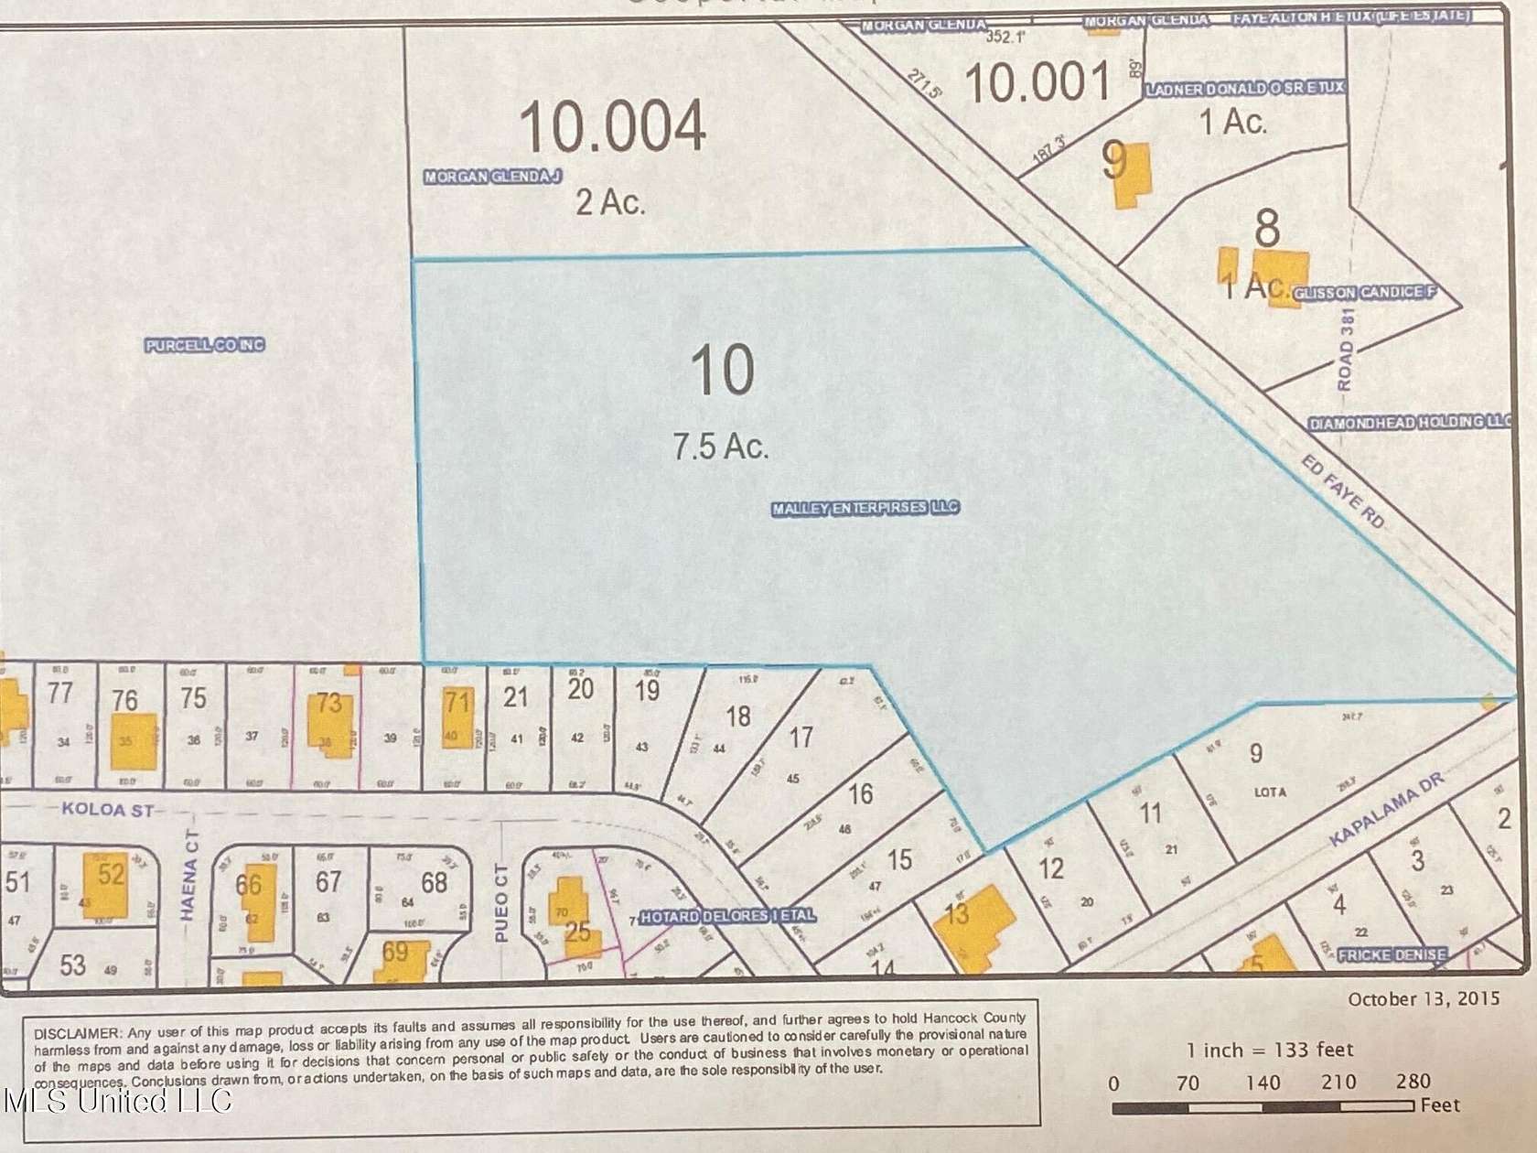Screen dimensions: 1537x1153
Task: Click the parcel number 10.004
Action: tap(613, 126)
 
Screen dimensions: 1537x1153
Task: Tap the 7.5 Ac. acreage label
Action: tap(721, 447)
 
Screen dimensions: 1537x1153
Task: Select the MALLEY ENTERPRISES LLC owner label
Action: tap(865, 508)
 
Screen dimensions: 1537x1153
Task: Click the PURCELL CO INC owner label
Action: tap(205, 345)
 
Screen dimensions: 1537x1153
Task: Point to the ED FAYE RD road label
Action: tap(1343, 493)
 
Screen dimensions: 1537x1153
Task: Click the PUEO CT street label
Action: tap(500, 891)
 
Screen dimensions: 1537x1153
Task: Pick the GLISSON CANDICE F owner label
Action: tap(1363, 293)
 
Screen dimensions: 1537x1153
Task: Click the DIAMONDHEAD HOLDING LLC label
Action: tap(1409, 423)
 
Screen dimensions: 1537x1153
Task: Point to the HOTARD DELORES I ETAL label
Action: tap(727, 916)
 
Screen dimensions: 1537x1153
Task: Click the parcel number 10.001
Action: tap(1037, 82)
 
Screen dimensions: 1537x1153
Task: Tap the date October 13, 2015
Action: tap(1424, 998)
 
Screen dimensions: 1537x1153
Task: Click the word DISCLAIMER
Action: tap(78, 1033)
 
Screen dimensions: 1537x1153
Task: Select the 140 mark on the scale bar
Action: tap(1263, 1083)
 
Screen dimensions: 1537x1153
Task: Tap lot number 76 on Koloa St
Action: tap(124, 700)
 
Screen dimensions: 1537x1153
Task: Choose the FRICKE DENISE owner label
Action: tap(1392, 955)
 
